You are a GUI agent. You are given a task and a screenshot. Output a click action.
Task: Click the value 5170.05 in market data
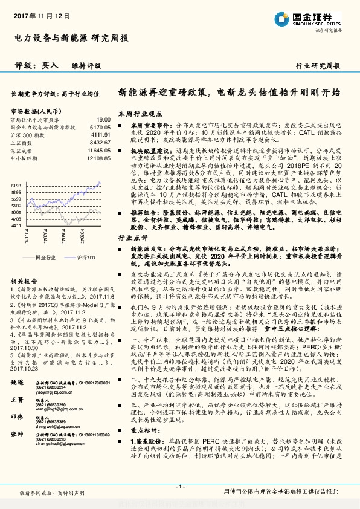pos(98,128)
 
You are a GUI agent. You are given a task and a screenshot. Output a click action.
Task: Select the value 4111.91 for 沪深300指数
pos(99,135)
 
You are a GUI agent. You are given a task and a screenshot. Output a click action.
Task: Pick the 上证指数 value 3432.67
pos(99,143)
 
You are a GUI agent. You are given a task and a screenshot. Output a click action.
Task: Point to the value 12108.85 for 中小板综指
pos(97,157)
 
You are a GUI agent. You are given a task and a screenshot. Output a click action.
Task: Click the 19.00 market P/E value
pos(103,120)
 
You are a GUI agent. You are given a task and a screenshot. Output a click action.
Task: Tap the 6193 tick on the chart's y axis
pos(17,186)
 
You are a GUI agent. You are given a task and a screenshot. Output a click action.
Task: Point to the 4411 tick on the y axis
pos(17,225)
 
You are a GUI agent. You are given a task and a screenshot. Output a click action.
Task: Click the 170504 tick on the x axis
pos(55,241)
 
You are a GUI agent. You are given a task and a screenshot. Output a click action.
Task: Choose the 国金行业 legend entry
pos(46,257)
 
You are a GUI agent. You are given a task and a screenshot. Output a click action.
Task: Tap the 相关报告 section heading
pos(25,282)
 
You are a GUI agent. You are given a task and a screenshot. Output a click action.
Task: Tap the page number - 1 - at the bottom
pos(179,486)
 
